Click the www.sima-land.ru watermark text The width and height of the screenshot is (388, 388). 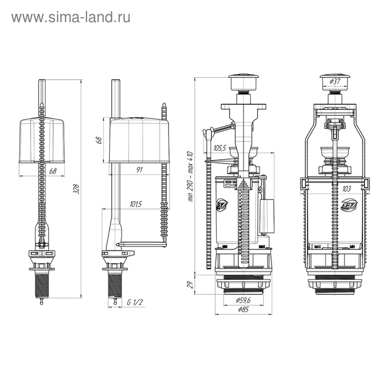(x=70, y=17)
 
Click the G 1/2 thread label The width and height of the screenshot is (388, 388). (x=135, y=302)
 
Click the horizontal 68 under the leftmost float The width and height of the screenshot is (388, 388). (x=53, y=171)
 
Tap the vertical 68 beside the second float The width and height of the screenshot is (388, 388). (x=99, y=140)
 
